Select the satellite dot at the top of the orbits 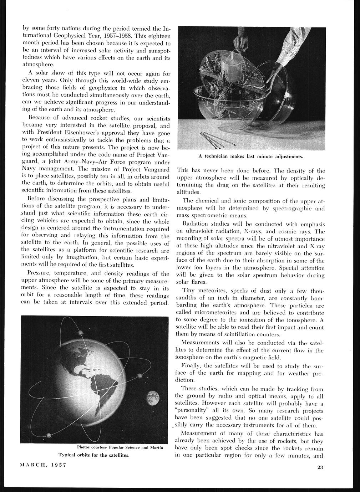pyautogui.click(x=80, y=332)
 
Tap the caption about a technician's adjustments pyautogui.click(x=251, y=156)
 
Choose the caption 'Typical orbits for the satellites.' pyautogui.click(x=93, y=455)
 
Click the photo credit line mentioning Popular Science pyautogui.click(x=120, y=447)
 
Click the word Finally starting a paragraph pyautogui.click(x=191, y=365)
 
